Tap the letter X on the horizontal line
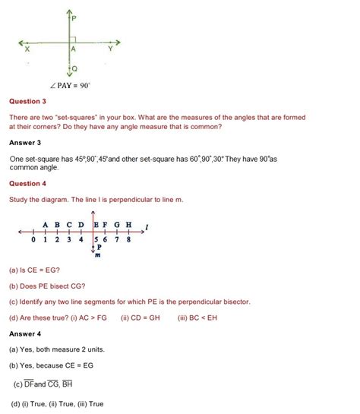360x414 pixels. point(27,49)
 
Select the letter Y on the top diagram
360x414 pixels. point(110,48)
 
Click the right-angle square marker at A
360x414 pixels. point(73,39)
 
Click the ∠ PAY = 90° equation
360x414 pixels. point(69,85)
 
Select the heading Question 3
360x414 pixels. point(27,101)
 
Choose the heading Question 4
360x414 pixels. point(27,184)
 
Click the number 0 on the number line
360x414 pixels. point(34,240)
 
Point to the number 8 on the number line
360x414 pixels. point(129,240)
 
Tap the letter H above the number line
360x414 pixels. point(129,225)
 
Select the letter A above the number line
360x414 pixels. point(46,225)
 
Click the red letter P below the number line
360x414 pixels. point(99,248)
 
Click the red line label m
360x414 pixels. point(96,255)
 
